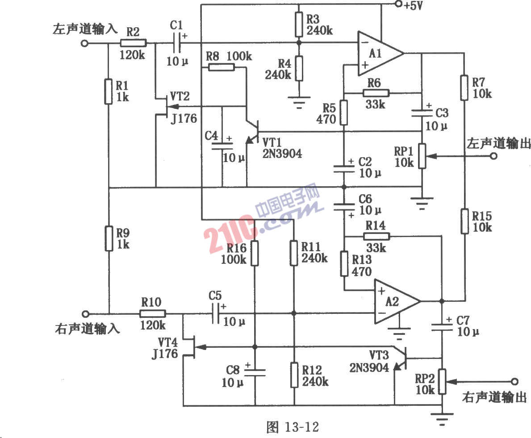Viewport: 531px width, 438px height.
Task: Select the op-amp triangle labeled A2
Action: coord(397,301)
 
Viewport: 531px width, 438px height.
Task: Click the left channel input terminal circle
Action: coord(85,43)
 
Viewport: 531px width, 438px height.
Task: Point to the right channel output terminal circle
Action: coord(514,381)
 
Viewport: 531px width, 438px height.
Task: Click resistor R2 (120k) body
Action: coord(133,43)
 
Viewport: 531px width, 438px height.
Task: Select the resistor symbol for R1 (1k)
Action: coord(109,91)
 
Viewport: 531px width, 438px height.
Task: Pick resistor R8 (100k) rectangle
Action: coord(221,67)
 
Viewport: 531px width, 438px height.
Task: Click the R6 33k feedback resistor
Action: coord(376,93)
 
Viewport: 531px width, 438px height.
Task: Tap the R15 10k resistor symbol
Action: coord(464,221)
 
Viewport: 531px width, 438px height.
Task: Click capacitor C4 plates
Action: coord(222,146)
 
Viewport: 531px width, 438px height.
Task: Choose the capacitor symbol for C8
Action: coord(255,372)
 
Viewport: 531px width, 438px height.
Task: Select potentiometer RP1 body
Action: coord(422,156)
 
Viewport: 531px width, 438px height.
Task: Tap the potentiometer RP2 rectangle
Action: coord(442,381)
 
